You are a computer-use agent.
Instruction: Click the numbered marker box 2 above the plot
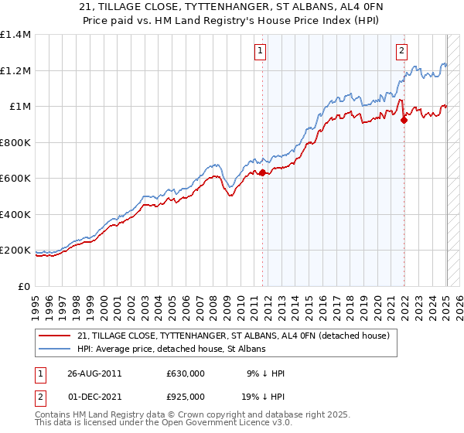(x=402, y=52)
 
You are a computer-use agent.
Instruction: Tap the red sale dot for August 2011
(x=262, y=173)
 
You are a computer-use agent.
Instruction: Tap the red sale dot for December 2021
(x=404, y=120)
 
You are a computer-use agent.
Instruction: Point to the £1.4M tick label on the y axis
(x=15, y=35)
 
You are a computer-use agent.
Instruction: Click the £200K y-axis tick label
(x=15, y=251)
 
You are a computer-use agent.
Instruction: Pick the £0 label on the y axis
(x=25, y=287)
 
